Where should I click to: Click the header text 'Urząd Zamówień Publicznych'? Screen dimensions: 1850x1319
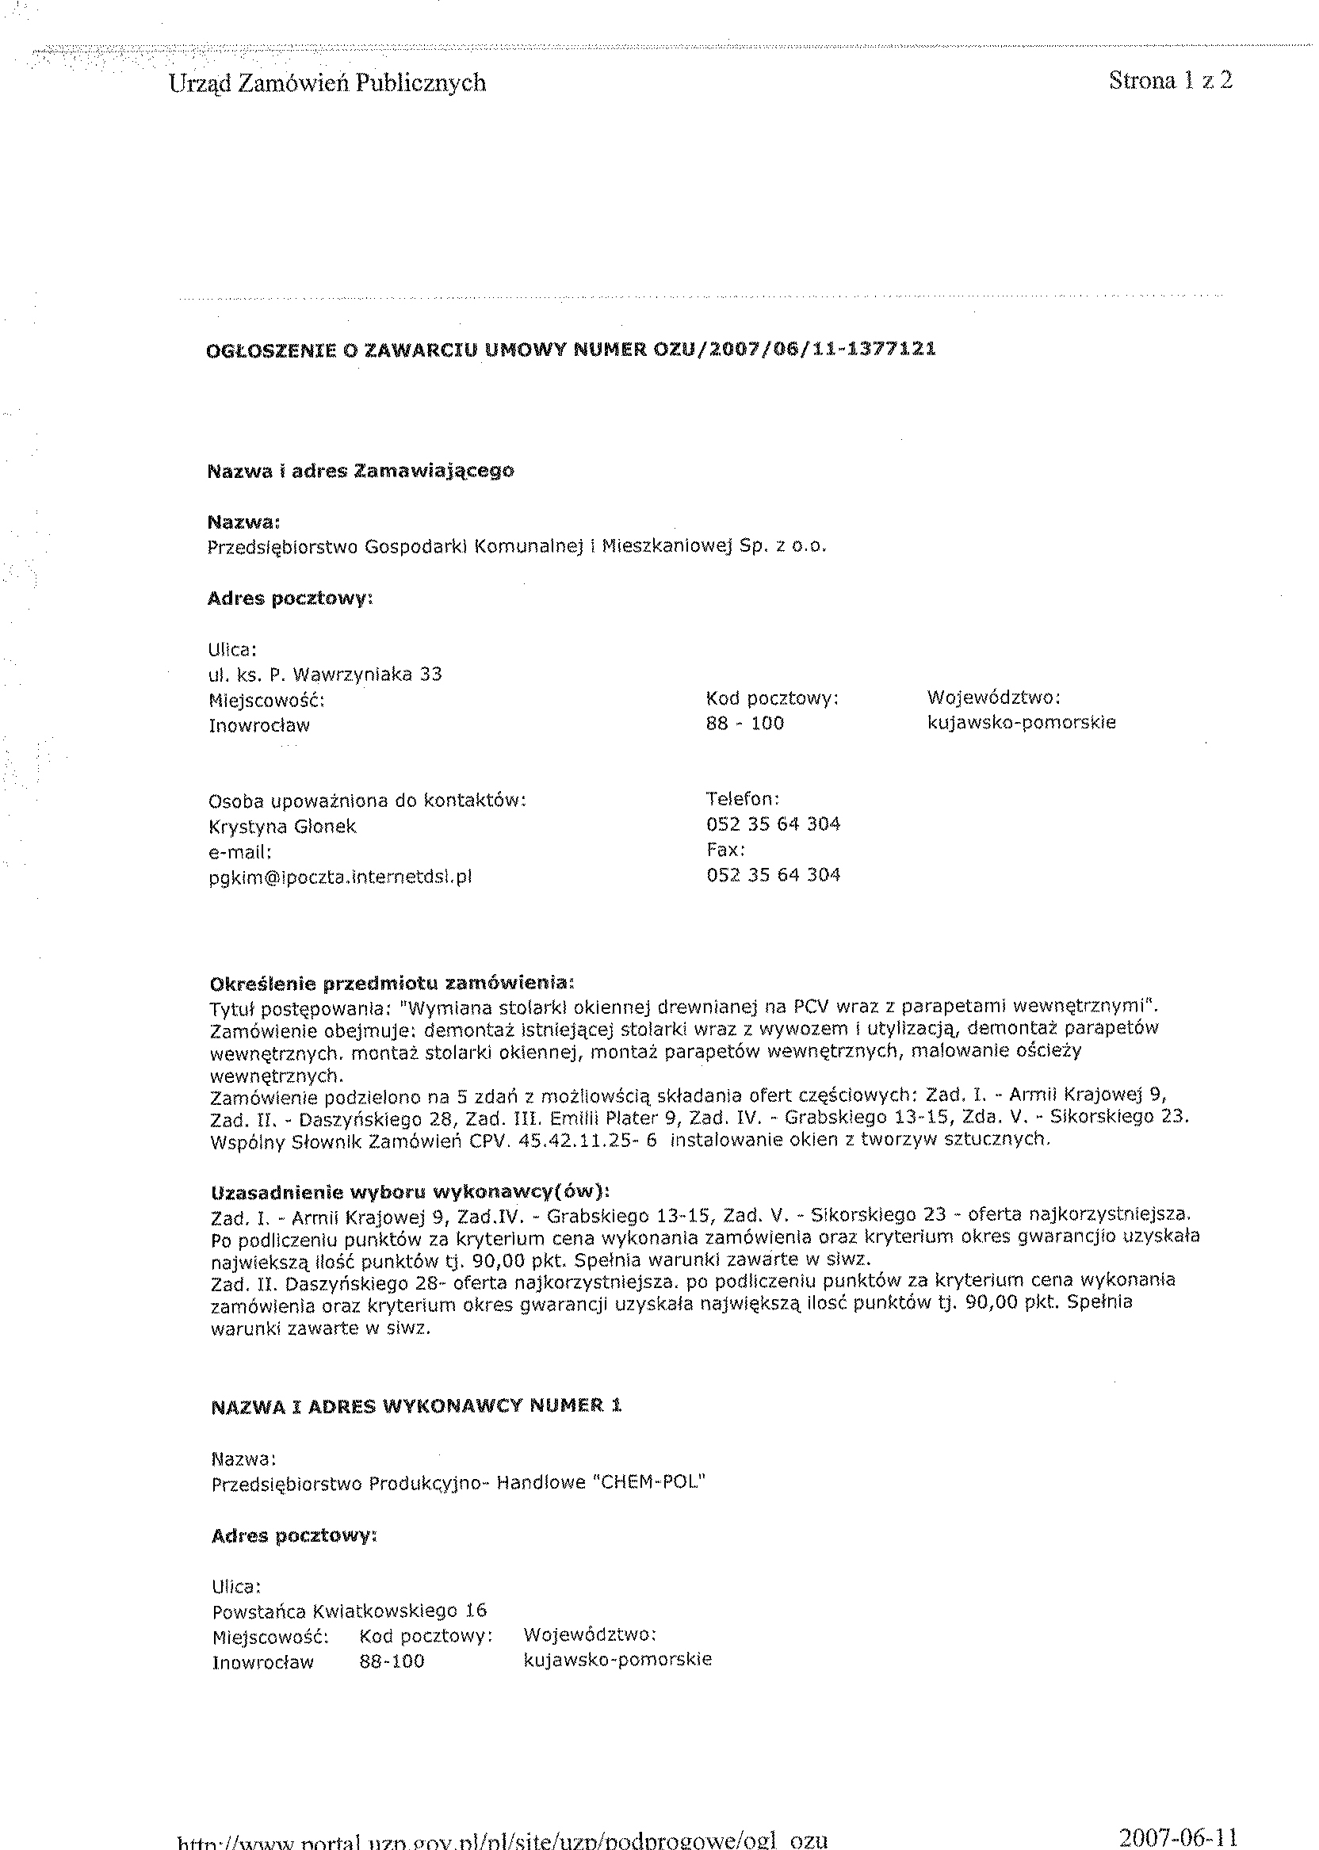tap(327, 83)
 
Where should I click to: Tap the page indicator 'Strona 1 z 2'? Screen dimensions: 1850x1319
tap(1170, 80)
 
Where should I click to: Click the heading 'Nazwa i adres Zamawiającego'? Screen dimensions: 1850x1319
tap(361, 471)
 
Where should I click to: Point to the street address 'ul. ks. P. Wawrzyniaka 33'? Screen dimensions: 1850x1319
tap(325, 674)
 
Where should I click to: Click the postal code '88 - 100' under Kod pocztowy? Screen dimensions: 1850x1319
tap(745, 724)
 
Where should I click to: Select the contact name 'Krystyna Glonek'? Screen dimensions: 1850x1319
tap(283, 827)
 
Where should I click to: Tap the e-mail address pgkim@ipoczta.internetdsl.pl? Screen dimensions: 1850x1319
tap(340, 877)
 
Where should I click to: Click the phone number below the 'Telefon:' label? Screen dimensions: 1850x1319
tap(773, 824)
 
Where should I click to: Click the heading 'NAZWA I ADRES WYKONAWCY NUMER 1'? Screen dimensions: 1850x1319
tap(416, 1407)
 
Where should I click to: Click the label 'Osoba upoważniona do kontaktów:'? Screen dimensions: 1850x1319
tap(368, 801)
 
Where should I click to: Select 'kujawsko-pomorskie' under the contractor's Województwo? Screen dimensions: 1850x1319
tap(617, 1660)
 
